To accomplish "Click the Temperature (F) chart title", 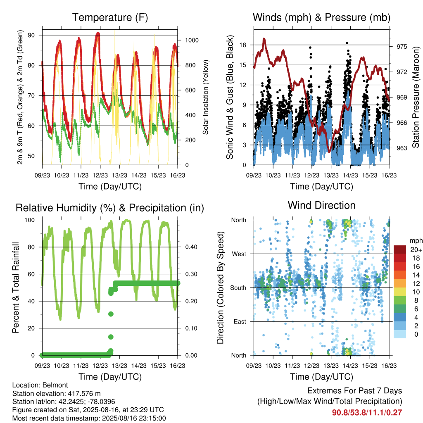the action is tap(110, 17).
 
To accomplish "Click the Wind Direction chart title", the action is tap(321, 205).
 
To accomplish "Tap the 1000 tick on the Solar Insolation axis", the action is tap(192, 40).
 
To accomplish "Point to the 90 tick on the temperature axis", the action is tap(31, 35).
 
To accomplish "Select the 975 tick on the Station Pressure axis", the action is tap(402, 47).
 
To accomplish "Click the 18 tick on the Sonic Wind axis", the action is tap(243, 45).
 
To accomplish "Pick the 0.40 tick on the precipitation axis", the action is tap(191, 247).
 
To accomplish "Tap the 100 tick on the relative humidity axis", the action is tap(30, 220).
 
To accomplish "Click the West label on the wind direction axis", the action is tap(239, 254).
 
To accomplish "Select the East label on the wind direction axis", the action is tap(240, 321).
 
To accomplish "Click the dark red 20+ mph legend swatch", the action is tap(400, 250).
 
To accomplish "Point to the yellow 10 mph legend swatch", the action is tap(400, 292).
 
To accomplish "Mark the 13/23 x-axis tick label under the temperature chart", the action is tap(119, 175).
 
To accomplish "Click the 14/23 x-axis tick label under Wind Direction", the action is tap(350, 366).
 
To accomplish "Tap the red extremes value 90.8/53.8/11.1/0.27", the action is tap(367, 413).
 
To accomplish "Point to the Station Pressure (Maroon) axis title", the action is tap(416, 97).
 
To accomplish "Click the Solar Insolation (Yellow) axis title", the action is tap(206, 97).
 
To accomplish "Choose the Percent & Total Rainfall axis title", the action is tap(16, 288).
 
